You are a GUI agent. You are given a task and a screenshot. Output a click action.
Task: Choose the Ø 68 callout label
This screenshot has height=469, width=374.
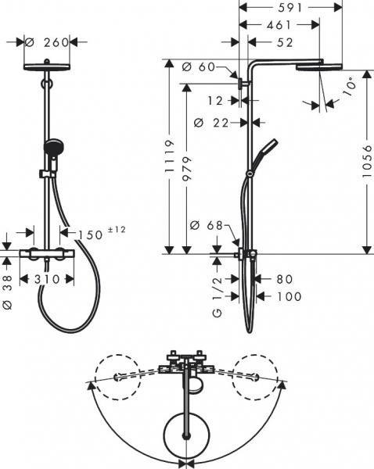(x=206, y=226)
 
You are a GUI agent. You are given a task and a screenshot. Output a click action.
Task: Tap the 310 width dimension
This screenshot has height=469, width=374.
(x=49, y=278)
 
